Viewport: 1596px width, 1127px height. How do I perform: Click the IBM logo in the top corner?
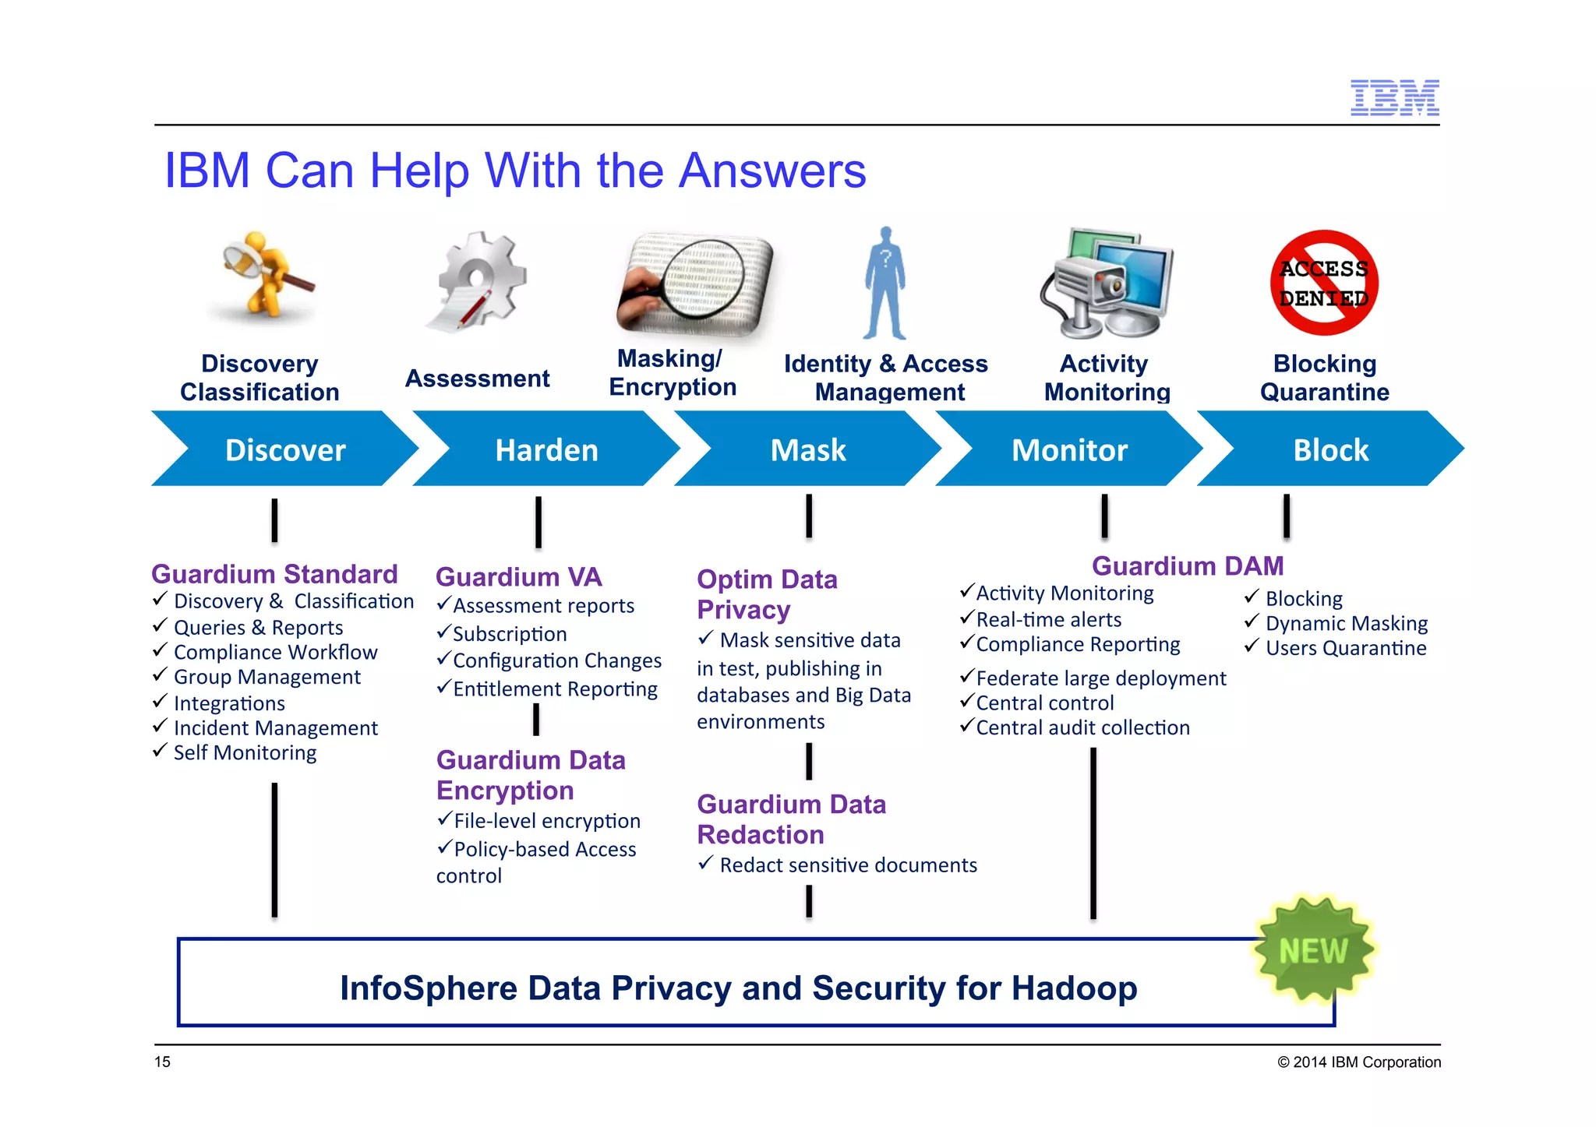coord(1394,97)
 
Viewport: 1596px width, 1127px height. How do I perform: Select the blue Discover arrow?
coord(285,449)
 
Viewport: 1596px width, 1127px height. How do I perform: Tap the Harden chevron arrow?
coord(546,449)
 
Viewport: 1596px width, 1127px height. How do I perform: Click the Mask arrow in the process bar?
coord(808,449)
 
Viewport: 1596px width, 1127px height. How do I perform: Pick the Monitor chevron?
coord(1069,449)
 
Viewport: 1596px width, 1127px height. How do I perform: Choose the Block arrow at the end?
coord(1330,449)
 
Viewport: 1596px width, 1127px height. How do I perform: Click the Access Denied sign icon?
coord(1324,283)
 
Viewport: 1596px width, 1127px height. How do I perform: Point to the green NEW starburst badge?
coord(1314,949)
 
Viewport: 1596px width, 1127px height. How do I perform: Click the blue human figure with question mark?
coord(885,284)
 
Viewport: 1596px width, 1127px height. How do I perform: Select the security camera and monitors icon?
coord(1106,283)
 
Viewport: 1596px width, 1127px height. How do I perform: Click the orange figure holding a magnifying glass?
coord(265,274)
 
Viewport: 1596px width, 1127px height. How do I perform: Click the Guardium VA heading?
coord(518,577)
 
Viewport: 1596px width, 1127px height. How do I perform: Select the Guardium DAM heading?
coord(1187,566)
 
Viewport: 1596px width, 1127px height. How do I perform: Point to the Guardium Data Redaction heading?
coord(790,819)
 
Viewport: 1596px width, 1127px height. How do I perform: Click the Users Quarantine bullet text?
coord(1345,648)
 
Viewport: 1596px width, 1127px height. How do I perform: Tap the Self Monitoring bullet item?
coord(245,752)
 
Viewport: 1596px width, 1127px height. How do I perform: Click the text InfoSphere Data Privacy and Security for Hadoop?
coord(738,988)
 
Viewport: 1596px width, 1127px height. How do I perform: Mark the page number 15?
coord(162,1062)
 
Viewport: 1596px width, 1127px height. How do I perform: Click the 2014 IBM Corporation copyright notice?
coord(1358,1062)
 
